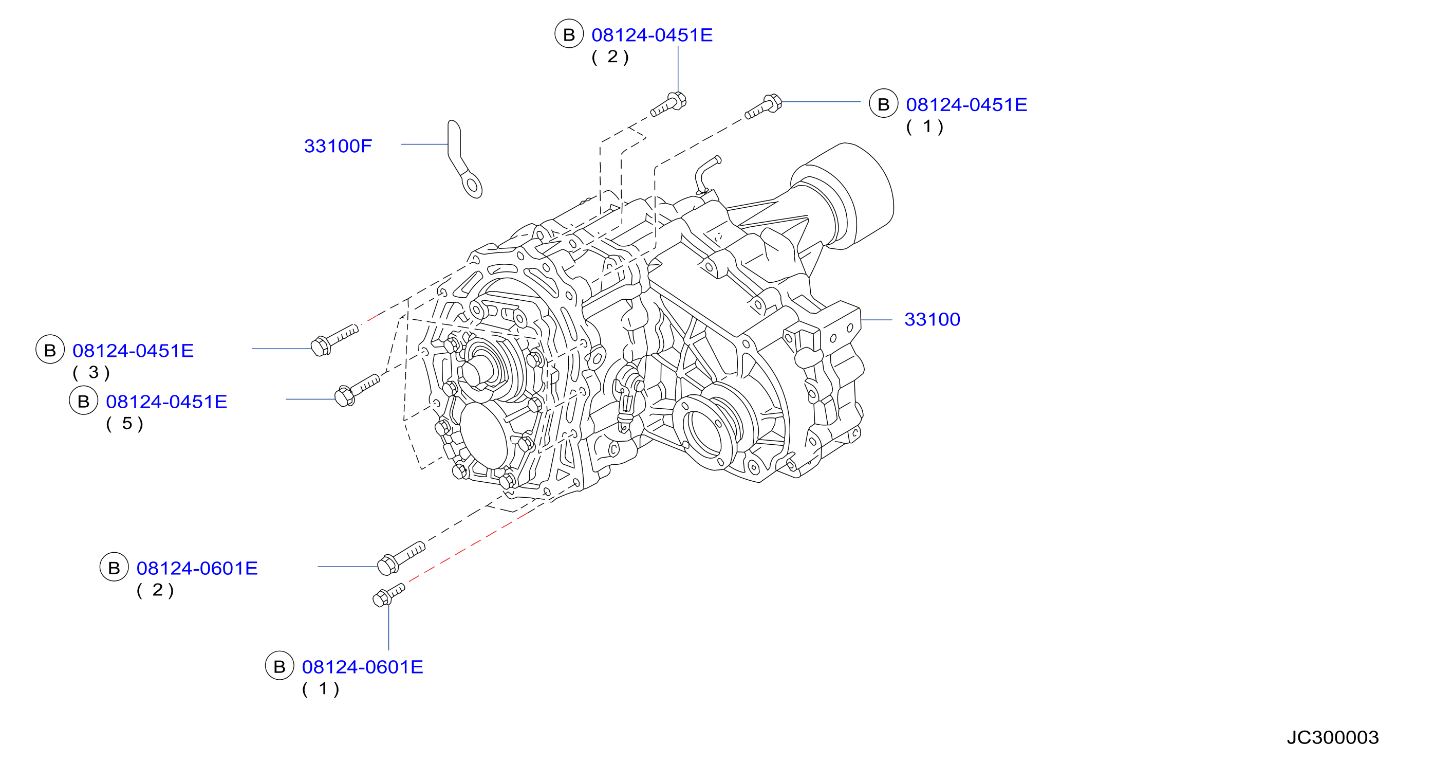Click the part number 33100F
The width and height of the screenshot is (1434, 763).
point(338,146)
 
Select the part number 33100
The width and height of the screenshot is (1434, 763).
point(932,319)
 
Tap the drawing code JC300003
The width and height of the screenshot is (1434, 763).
point(1332,737)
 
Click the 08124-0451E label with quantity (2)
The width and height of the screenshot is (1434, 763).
point(652,35)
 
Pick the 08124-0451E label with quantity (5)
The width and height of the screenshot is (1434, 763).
point(166,402)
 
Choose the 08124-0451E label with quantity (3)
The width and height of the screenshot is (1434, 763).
point(133,350)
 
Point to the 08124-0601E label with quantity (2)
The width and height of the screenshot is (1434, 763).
point(197,568)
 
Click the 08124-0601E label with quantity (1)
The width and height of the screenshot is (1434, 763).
point(362,667)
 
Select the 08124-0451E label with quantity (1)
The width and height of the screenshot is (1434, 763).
point(966,105)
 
